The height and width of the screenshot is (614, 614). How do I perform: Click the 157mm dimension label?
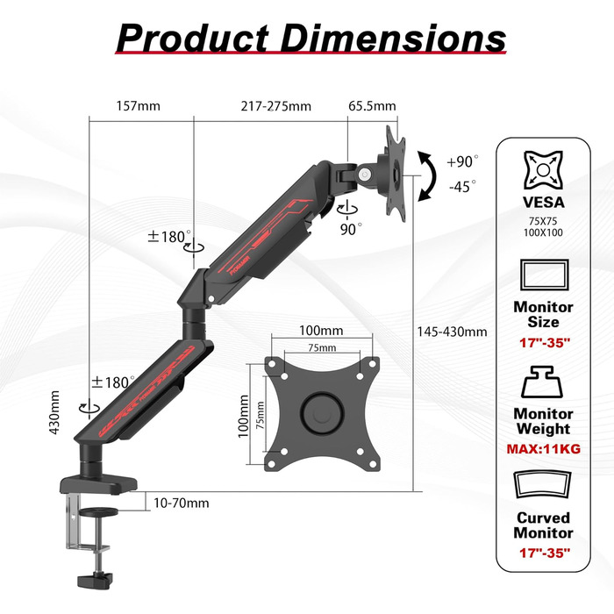coord(139,106)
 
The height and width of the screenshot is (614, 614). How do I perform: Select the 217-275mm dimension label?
coord(275,106)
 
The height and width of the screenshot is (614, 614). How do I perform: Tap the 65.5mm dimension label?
coord(372,106)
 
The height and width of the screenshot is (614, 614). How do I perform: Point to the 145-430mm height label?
coord(452,332)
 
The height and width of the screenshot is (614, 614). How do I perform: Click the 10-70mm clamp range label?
coord(182,503)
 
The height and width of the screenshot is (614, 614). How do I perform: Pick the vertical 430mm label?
coord(54,412)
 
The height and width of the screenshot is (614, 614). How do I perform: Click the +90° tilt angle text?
coord(462,161)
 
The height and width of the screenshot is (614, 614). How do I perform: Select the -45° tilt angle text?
coord(462,187)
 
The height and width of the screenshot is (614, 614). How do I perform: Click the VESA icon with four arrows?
coord(543,170)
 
